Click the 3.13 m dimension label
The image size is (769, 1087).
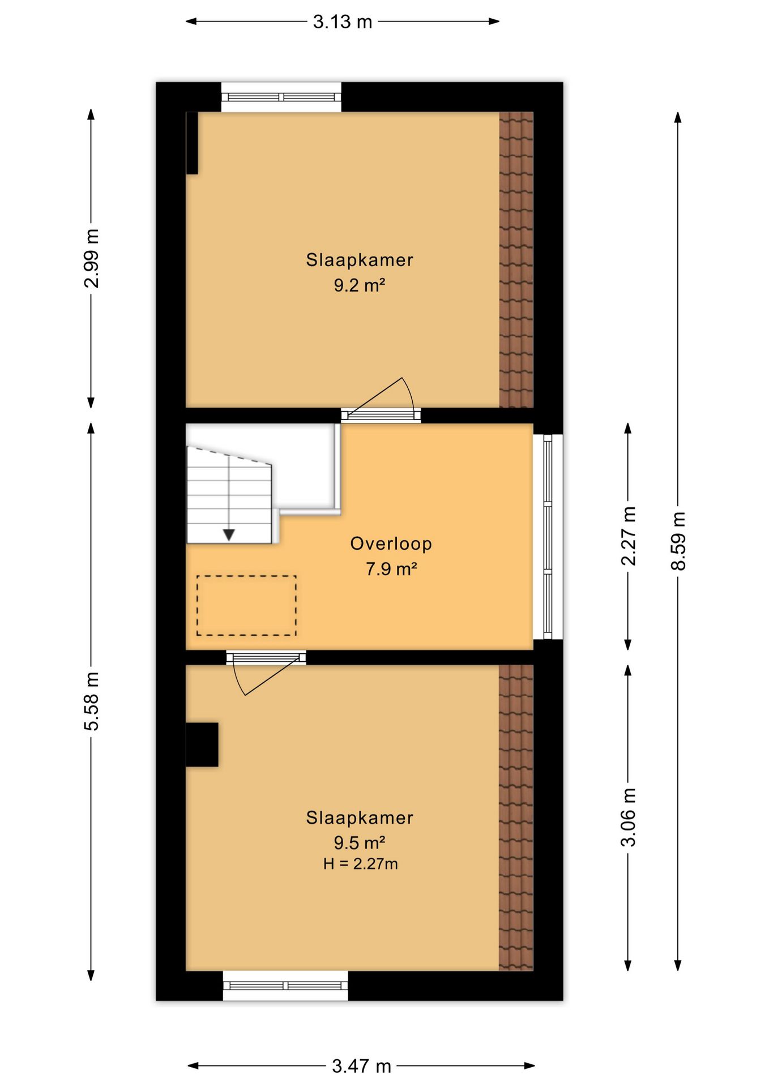[x=343, y=22]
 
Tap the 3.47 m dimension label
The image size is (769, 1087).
[x=361, y=1066]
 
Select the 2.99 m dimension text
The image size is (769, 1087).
[x=91, y=258]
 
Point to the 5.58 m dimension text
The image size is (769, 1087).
[x=91, y=701]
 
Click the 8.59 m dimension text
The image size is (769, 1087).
[x=678, y=541]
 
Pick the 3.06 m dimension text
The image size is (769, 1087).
[x=628, y=817]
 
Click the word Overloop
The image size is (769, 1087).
[x=391, y=543]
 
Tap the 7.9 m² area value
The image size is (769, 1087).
[x=391, y=568]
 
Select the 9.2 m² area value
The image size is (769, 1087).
[x=359, y=285]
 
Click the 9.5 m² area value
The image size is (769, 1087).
[x=359, y=842]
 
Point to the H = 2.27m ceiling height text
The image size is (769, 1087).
[x=360, y=864]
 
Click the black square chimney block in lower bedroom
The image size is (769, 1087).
[x=202, y=744]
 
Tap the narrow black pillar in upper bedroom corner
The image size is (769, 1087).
[x=192, y=143]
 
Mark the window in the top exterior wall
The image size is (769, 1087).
[x=281, y=97]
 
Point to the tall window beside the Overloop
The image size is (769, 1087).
[x=548, y=537]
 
